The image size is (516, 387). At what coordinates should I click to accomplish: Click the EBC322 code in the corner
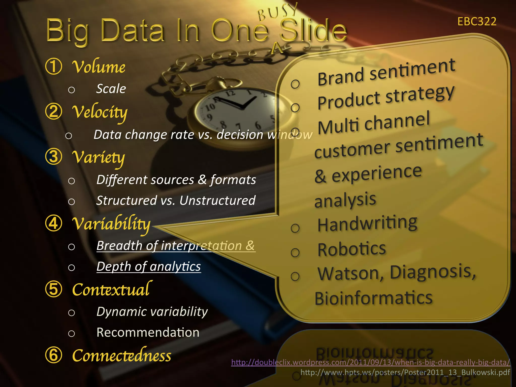(477, 21)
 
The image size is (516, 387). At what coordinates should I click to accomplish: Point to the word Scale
(111, 89)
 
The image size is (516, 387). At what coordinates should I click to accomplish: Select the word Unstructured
(217, 201)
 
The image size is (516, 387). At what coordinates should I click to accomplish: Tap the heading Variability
(111, 224)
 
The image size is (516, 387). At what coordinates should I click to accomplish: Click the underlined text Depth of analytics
(149, 266)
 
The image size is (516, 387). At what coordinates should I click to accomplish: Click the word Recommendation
(148, 332)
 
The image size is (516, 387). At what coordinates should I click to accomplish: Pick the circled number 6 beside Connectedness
(54, 355)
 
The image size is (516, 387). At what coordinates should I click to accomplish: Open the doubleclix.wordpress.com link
(371, 362)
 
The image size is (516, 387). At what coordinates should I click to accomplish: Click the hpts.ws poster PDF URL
(405, 372)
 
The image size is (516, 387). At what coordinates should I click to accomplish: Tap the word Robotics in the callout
(352, 249)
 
